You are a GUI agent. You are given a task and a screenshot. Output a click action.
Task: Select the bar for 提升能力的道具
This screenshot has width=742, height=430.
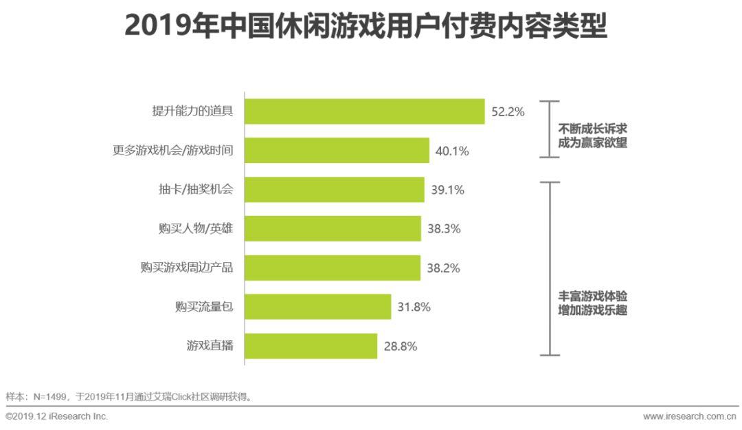point(365,111)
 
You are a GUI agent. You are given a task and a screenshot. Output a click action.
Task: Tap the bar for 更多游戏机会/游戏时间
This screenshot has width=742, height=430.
point(337,151)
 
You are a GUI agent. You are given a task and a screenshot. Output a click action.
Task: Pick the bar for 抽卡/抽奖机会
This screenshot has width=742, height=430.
point(335,190)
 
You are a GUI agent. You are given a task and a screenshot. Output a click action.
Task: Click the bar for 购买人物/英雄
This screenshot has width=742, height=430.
point(333,228)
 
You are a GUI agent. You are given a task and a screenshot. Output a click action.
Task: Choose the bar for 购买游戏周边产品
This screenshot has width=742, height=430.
point(333,268)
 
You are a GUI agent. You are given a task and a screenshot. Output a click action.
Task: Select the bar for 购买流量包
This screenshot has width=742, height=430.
point(318,307)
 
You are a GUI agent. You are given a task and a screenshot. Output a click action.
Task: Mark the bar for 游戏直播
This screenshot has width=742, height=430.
point(311,346)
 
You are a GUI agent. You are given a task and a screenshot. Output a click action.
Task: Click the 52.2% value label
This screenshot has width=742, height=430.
point(508,111)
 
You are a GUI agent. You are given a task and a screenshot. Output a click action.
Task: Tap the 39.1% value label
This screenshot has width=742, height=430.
point(447,190)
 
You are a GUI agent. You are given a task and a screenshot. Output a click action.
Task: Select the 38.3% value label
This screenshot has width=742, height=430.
point(444,228)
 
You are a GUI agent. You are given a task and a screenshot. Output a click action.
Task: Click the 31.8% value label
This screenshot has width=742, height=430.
point(414,307)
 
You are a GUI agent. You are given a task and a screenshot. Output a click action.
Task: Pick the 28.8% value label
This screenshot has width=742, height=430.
point(401,346)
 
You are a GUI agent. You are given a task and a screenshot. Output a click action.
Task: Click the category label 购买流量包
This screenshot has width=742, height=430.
point(204,307)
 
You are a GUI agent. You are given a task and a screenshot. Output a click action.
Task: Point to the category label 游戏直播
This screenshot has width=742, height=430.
point(210,346)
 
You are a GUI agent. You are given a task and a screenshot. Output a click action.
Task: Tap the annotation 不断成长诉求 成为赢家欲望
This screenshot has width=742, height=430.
point(592,136)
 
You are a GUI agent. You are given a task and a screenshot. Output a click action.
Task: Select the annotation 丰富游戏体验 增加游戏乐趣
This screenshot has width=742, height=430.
point(592,303)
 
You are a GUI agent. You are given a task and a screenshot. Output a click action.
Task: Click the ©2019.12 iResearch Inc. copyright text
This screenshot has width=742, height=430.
point(57,417)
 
